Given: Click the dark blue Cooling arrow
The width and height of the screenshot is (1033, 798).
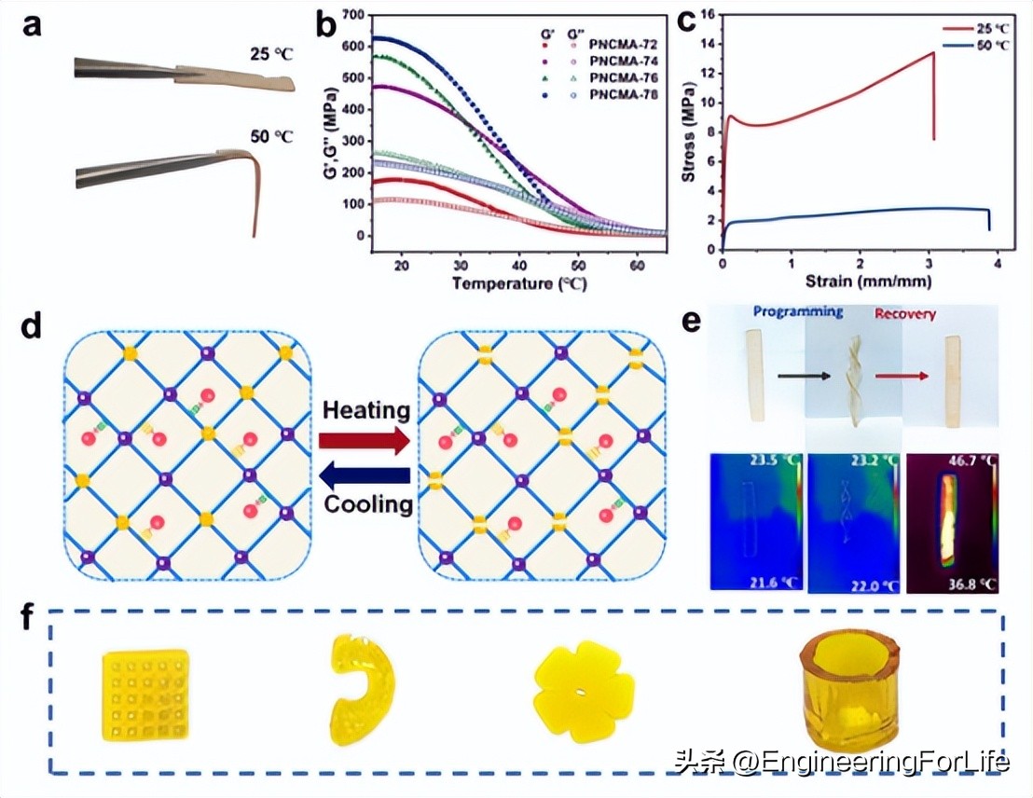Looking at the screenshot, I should (365, 477).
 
